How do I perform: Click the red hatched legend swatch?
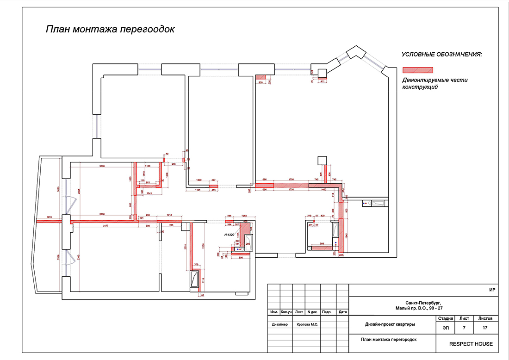(417, 70)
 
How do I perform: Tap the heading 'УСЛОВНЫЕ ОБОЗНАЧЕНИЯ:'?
(441, 55)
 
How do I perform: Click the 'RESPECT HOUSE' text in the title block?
(471, 344)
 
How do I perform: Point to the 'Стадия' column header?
(445, 318)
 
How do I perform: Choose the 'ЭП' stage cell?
(445, 328)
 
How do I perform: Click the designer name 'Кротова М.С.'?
(306, 324)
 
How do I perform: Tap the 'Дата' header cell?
(342, 312)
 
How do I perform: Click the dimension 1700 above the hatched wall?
(292, 179)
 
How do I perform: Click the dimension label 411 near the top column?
(323, 82)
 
